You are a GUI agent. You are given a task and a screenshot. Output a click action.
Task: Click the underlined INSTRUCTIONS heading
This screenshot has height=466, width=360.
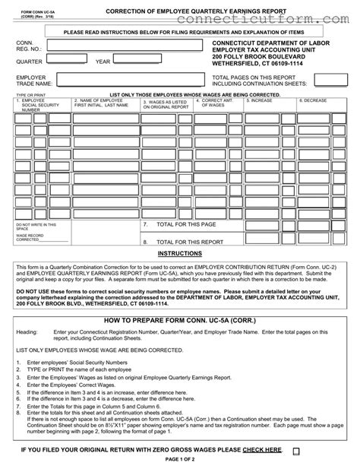[179, 253]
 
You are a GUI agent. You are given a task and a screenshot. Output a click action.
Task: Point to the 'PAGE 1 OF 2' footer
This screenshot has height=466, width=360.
[179, 461]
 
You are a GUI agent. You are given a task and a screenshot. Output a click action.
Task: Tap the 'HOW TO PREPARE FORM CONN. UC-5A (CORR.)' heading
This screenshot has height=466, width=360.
[179, 322]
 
